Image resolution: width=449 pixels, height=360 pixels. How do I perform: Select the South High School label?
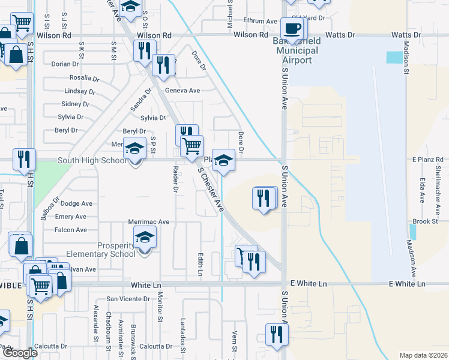pyautogui.click(x=92, y=161)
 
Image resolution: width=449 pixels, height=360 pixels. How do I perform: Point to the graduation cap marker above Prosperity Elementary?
pyautogui.click(x=144, y=238)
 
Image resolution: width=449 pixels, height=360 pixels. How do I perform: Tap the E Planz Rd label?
pyautogui.click(x=426, y=159)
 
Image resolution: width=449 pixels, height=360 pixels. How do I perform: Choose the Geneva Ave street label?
pyautogui.click(x=182, y=91)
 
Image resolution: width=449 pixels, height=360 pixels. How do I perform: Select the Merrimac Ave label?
pyautogui.click(x=149, y=222)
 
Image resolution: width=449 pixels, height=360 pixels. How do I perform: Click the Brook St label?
pyautogui.click(x=425, y=221)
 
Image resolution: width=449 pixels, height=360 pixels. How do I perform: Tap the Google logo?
pyautogui.click(x=20, y=352)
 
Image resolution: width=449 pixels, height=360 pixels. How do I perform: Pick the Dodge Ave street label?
pyautogui.click(x=77, y=204)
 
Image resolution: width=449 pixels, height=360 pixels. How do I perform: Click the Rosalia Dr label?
pyautogui.click(x=84, y=78)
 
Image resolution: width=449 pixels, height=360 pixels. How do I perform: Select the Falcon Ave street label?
pyautogui.click(x=70, y=230)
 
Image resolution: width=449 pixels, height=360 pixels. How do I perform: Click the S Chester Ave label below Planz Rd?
pyautogui.click(x=211, y=189)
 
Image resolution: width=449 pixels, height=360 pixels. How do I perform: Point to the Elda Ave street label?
pyautogui.click(x=423, y=189)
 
